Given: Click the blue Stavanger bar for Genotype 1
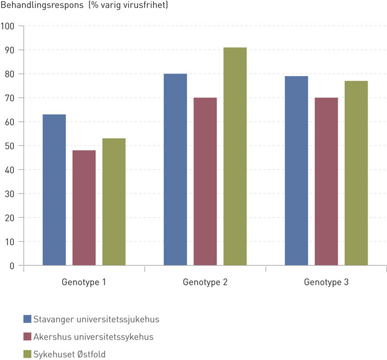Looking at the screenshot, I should tap(54, 190).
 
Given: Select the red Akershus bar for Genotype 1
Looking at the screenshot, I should tap(83, 208).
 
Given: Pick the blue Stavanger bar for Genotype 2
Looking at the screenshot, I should tap(175, 169).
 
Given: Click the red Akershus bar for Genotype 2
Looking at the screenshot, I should tap(205, 181).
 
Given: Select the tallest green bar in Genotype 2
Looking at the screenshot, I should tap(235, 156).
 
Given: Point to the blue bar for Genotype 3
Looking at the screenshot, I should tap(296, 171).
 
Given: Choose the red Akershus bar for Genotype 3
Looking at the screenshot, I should tap(326, 181).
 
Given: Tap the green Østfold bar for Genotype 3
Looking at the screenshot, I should tap(356, 173).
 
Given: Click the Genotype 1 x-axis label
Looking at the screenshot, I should tap(83, 282).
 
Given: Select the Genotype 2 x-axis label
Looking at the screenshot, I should tap(205, 282).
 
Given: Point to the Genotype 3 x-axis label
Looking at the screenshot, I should tap(326, 282).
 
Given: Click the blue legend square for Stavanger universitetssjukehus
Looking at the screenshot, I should tap(27, 319).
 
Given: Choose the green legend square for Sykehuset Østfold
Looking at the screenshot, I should tap(27, 354).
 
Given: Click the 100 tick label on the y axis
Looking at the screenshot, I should tap(8, 26).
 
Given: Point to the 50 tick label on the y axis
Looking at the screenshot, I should tap(9, 145).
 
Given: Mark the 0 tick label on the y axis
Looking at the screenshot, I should tap(12, 265).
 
